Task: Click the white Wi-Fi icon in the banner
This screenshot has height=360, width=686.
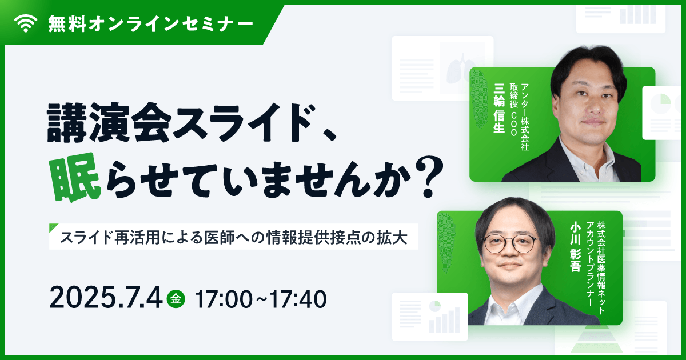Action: [25, 23]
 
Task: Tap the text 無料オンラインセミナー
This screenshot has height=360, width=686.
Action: [150, 23]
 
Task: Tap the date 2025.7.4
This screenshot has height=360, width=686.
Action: [106, 298]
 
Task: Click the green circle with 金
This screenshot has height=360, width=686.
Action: [177, 298]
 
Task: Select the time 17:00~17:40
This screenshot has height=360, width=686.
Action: [261, 298]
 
